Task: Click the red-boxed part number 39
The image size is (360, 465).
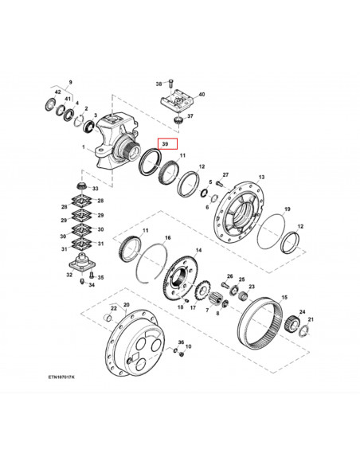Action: click(x=166, y=145)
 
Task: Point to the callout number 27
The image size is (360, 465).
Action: click(x=225, y=174)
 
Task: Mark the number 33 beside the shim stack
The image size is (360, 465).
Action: click(x=96, y=188)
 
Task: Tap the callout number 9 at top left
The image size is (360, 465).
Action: click(x=69, y=83)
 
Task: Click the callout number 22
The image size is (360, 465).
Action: click(x=113, y=308)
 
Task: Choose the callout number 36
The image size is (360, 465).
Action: click(x=181, y=342)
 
